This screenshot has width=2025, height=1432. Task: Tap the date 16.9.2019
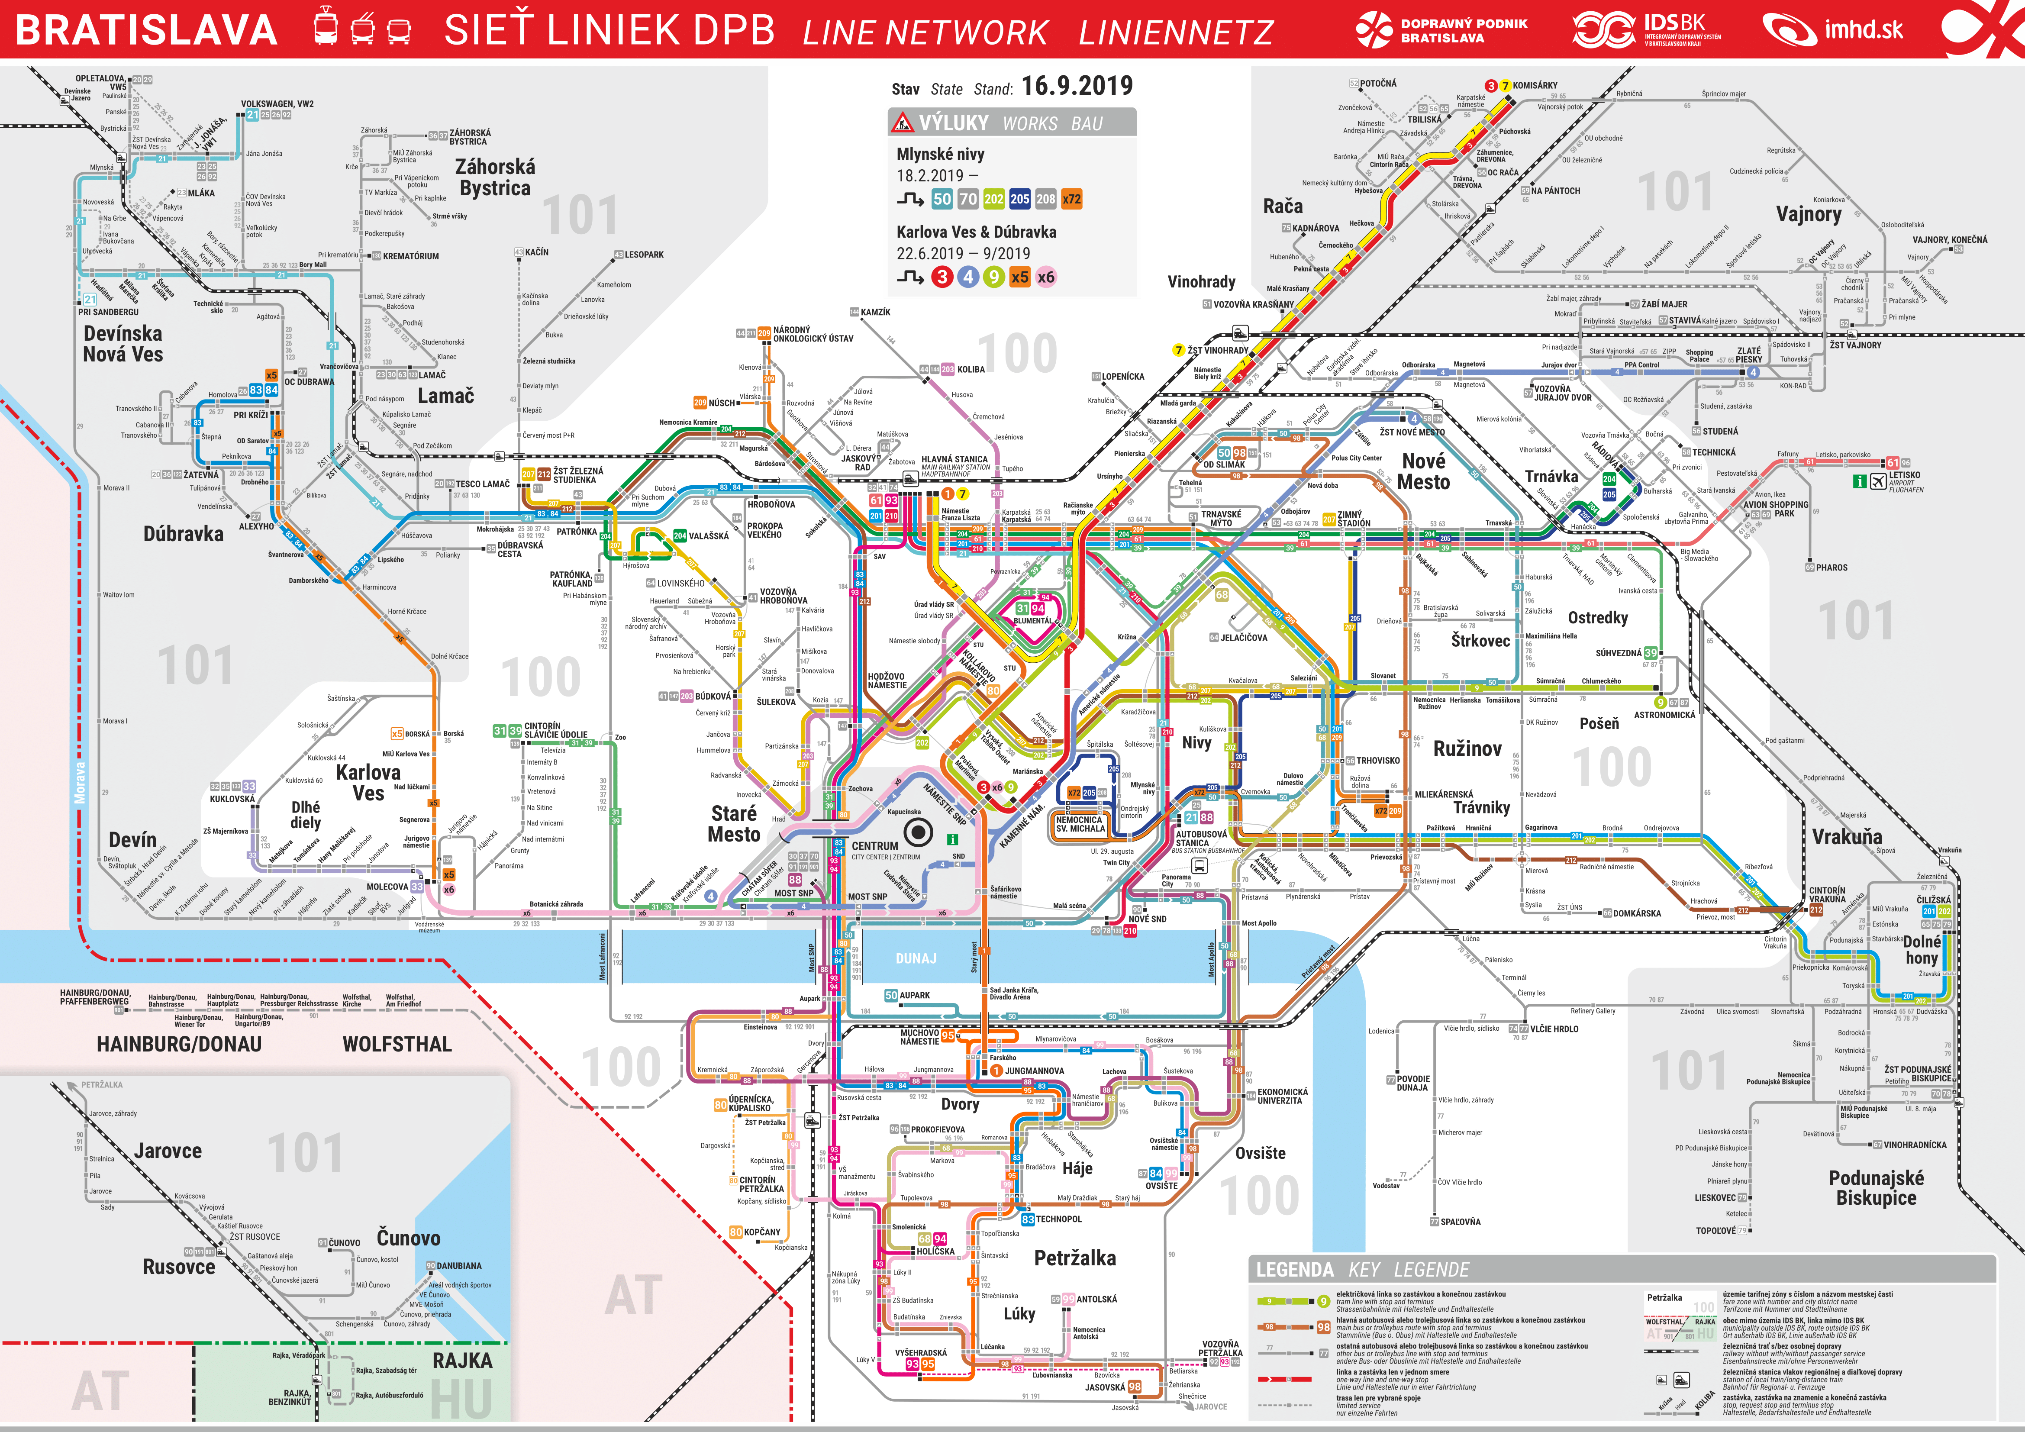[1076, 87]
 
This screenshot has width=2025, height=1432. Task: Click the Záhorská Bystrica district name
[495, 177]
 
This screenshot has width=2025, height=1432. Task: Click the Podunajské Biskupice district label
[1876, 1188]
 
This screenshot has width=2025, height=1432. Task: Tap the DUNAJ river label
[916, 958]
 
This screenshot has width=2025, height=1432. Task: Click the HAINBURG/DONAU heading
[179, 1044]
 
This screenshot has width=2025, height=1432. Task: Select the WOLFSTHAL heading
[397, 1044]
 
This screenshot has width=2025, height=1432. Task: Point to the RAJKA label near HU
[462, 1361]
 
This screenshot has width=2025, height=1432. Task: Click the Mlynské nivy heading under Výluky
[940, 154]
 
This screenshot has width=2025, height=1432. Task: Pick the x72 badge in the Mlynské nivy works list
[1072, 199]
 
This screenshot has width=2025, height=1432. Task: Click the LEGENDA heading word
[1294, 1270]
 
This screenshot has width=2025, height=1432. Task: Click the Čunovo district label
[408, 1238]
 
